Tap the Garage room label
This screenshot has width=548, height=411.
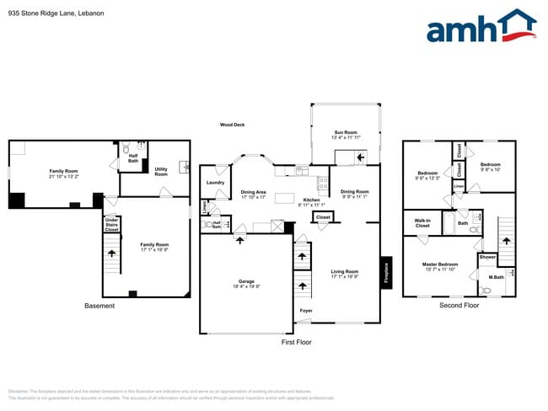245,283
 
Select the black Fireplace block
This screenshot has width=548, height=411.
385,273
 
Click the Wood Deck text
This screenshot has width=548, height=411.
232,125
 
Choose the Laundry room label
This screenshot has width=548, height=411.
214,182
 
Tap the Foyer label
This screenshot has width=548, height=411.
306,311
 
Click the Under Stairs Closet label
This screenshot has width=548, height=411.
111,225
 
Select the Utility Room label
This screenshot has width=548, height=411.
161,172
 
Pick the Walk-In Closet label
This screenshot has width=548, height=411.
422,224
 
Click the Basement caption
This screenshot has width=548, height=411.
99,306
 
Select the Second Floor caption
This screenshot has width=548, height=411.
459,305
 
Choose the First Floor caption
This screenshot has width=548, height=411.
296,343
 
